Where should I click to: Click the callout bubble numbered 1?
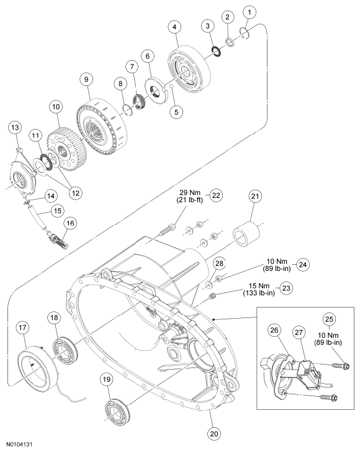click(250, 12)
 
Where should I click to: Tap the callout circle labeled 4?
click(174, 27)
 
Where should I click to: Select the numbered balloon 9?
click(86, 79)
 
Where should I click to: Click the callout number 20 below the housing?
click(214, 433)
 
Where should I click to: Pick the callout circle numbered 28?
click(219, 264)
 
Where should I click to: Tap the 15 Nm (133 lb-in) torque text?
click(259, 289)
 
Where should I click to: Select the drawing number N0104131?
click(20, 444)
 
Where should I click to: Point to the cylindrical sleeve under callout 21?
click(246, 233)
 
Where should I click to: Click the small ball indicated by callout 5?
click(171, 86)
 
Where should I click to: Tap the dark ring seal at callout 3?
click(216, 51)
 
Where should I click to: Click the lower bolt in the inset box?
click(329, 398)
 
